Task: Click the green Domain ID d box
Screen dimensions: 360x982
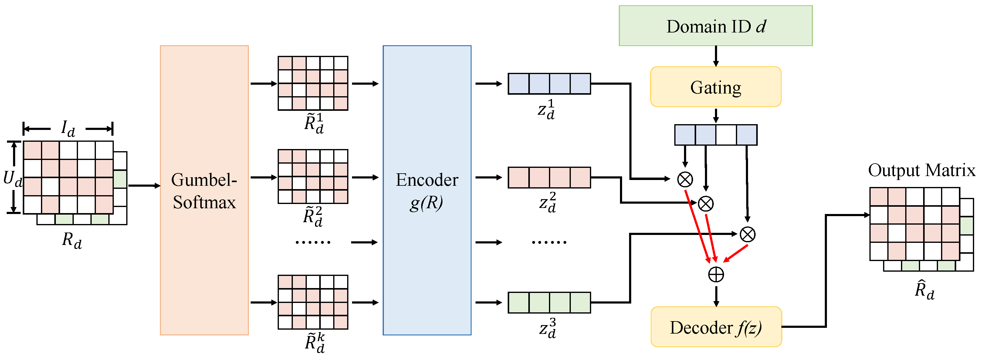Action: [715, 26]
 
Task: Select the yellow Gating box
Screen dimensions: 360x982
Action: [715, 87]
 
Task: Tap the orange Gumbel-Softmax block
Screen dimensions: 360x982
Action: [204, 190]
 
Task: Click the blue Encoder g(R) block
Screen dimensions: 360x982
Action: [427, 190]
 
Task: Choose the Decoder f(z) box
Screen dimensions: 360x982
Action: [716, 327]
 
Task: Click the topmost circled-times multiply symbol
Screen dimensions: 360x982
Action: [685, 179]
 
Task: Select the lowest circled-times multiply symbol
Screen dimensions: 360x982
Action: [747, 234]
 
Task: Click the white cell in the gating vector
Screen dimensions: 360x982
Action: [726, 134]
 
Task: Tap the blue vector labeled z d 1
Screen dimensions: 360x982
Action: [549, 83]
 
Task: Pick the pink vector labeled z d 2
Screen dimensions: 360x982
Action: [549, 177]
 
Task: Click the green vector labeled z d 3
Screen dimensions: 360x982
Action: [549, 302]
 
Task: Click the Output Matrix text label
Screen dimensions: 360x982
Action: [921, 170]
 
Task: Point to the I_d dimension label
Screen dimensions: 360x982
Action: [68, 128]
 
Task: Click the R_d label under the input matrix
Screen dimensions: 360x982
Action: [72, 240]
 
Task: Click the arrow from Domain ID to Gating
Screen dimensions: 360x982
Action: [716, 56]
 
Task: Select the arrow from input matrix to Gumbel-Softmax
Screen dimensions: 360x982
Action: [144, 186]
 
